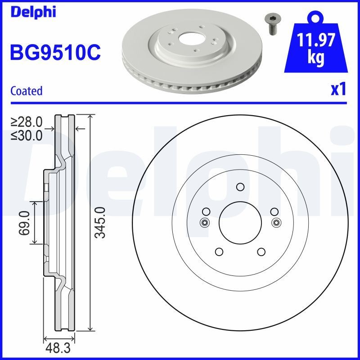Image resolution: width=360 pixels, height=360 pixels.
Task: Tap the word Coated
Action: [26, 90]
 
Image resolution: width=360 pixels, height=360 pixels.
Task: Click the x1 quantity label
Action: [337, 90]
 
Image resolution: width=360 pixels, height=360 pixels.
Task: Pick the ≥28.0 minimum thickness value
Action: [27, 122]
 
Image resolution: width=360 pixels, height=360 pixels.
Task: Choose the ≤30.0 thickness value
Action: [27, 135]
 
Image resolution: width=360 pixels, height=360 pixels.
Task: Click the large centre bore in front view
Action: [240, 222]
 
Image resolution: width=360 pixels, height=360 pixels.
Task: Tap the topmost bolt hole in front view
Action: [240, 187]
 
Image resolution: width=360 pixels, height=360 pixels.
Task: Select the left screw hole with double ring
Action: [204, 222]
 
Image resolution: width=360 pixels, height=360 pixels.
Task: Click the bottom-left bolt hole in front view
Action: [219, 252]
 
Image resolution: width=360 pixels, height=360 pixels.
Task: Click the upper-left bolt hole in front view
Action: [206, 211]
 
